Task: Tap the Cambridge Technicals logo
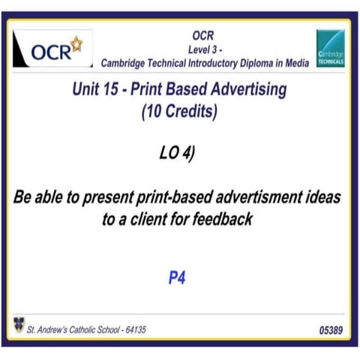[x=330, y=50]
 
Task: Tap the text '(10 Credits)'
[x=179, y=113]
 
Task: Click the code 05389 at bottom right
[x=331, y=328]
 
